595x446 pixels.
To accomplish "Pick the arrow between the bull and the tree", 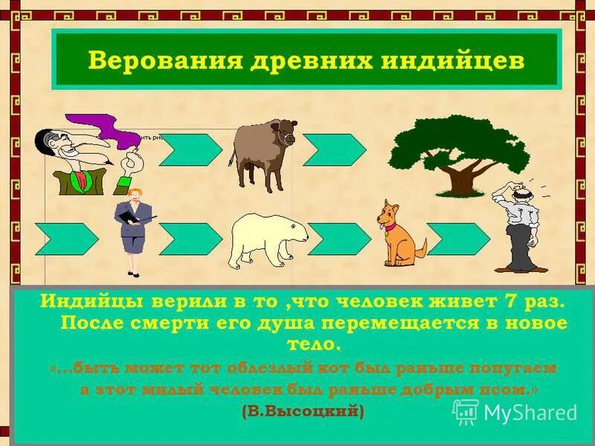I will [x=334, y=149].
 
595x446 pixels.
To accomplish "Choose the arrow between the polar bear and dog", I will [x=339, y=239].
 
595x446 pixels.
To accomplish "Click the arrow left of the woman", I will [x=66, y=239].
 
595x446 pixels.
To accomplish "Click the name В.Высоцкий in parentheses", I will [x=303, y=410].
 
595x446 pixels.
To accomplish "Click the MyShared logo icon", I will [x=466, y=412].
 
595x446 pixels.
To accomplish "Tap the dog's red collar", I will [x=393, y=227].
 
